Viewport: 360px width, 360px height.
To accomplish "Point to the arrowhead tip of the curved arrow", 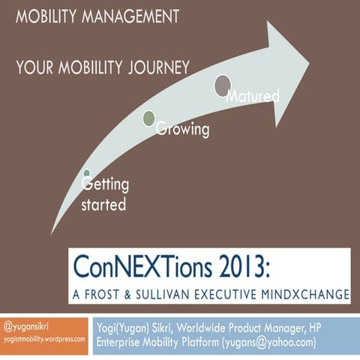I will pos(308,55).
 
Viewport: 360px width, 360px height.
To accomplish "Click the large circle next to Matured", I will pos(223,86).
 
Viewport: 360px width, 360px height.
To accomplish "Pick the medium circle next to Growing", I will pos(148,118).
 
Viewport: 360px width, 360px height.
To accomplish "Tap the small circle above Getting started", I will pos(86,174).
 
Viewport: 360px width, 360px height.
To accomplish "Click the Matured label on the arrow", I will pos(252,96).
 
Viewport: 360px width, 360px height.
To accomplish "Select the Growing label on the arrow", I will pos(182,130).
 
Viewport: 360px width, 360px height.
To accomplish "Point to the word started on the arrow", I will pos(103,204).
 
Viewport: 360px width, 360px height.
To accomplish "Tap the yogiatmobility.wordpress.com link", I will pos(45,338).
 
